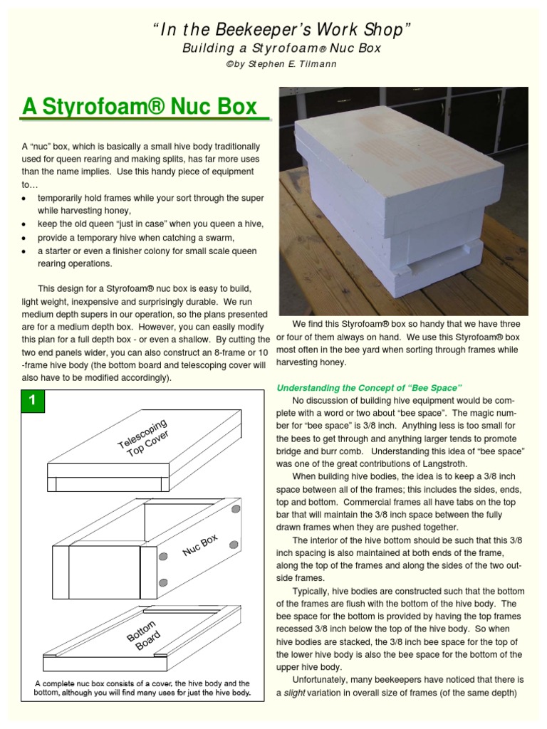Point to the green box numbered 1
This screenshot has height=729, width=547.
coord(31,401)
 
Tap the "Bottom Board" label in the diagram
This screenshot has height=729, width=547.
coord(143,635)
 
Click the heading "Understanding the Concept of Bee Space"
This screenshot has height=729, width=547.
coord(370,387)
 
